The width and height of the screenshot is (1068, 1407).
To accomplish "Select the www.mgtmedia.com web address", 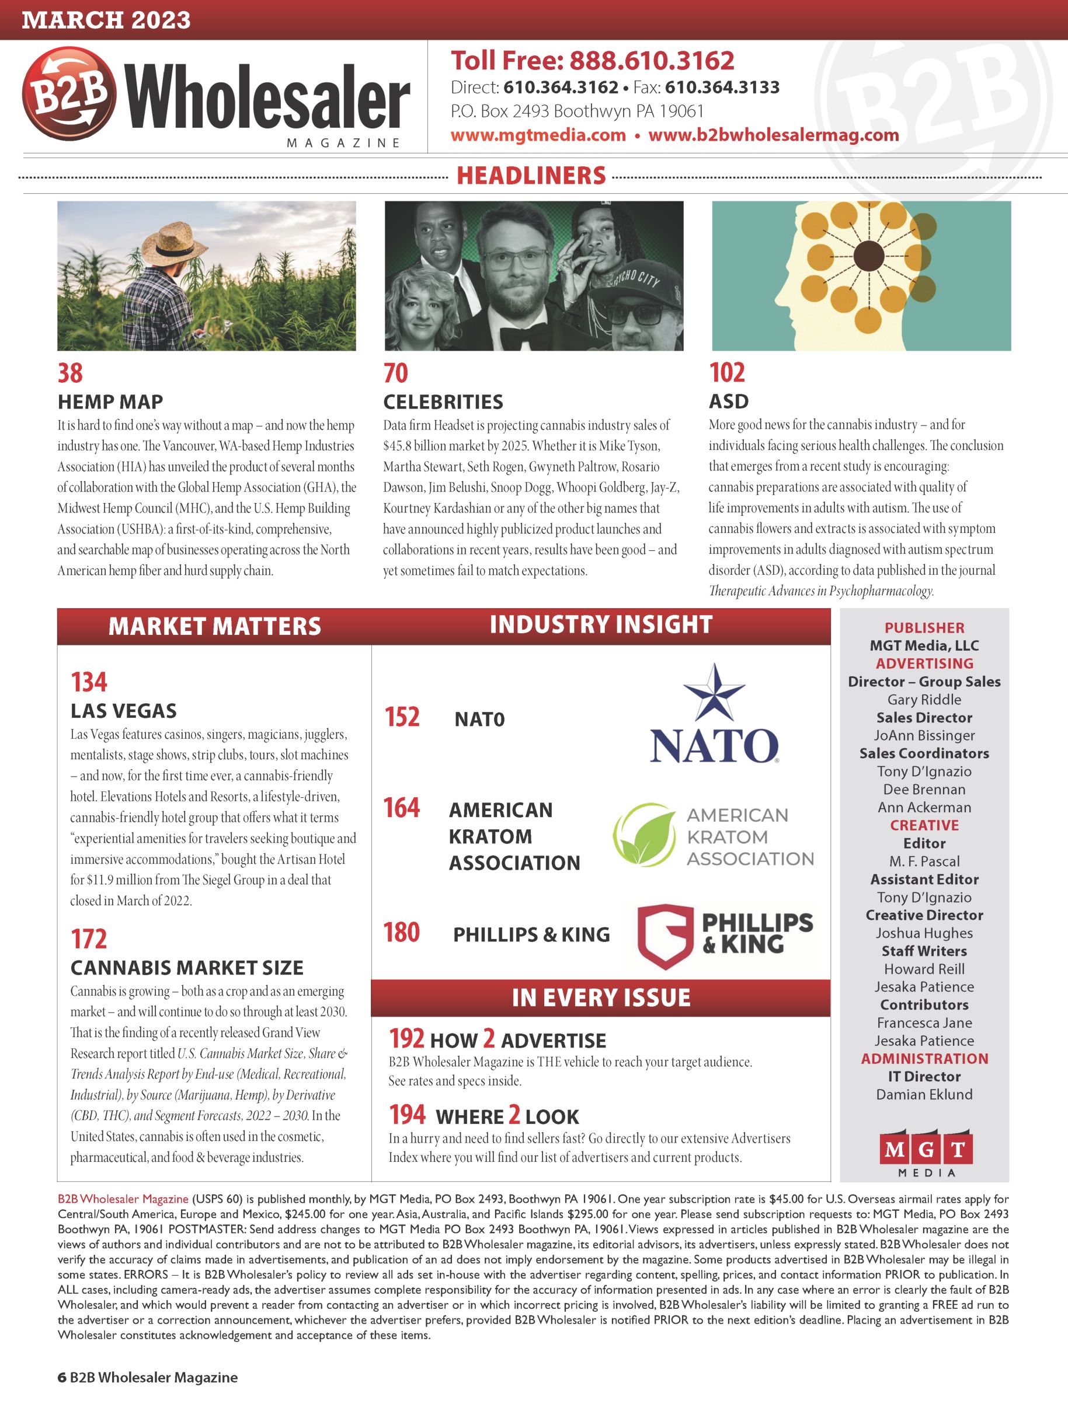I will [x=538, y=135].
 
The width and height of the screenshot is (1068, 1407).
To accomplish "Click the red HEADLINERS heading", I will [x=531, y=176].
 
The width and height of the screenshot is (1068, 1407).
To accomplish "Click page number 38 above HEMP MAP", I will [x=70, y=373].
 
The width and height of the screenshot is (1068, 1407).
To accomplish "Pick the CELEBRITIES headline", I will [x=443, y=402].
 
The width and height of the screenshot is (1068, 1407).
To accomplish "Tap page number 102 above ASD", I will [x=727, y=372].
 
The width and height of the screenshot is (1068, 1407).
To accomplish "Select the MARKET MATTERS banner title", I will [x=214, y=627].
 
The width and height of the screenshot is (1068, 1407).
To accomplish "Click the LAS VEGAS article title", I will [x=123, y=710].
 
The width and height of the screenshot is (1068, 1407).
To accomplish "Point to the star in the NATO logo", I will [x=714, y=692].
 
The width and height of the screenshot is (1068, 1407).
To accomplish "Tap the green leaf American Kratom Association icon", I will [x=644, y=835].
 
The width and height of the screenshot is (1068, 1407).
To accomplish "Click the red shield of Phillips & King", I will [x=665, y=935].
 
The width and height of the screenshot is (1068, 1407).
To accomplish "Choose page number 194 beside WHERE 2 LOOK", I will [x=407, y=1115].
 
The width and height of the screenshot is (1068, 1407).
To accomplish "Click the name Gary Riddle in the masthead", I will [x=924, y=700].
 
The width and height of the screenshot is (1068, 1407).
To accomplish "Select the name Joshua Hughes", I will [x=924, y=933].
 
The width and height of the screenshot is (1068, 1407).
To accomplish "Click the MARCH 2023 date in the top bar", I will [x=106, y=20].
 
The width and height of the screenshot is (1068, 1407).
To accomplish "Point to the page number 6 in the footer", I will [x=62, y=1378].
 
